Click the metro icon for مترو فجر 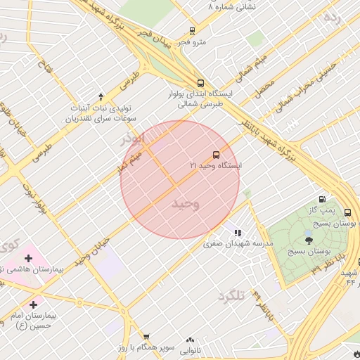[192, 30]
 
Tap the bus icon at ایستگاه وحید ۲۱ [215, 154]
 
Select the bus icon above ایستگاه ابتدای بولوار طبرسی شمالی [201, 82]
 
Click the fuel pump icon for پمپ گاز [322, 200]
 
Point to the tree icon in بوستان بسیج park [309, 240]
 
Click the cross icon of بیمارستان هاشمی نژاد [27, 259]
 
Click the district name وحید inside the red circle [186, 203]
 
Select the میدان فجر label [152, 41]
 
